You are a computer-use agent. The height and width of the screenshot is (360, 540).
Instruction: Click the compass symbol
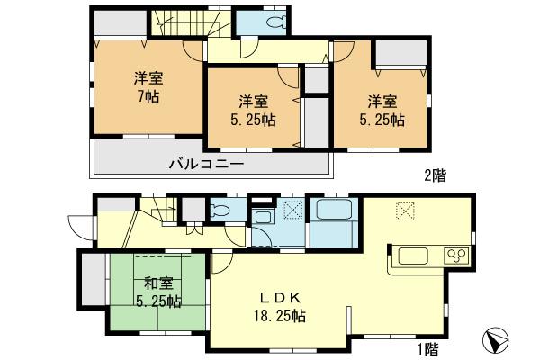(496, 340)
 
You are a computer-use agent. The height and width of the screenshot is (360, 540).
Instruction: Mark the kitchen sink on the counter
(416, 255)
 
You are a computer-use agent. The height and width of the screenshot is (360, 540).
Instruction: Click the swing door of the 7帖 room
(192, 51)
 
